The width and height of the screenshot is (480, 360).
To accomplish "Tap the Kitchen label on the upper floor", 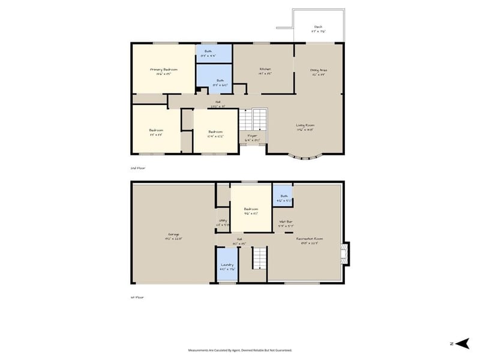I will click(x=265, y=69).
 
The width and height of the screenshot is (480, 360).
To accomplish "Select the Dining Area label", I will click(x=319, y=70).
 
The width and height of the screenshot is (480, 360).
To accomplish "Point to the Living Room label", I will click(x=305, y=125).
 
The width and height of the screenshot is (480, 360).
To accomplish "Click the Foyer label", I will click(x=253, y=136).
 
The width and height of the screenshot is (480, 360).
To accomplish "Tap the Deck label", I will click(x=318, y=27).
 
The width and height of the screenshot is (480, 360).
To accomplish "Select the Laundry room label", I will click(x=227, y=265).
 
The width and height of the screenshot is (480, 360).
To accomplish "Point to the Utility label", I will click(x=223, y=221).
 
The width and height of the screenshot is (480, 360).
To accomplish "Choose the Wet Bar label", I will click(x=285, y=222).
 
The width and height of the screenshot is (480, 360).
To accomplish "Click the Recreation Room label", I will click(x=309, y=238).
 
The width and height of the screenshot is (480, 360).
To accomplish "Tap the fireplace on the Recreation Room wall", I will click(x=344, y=253).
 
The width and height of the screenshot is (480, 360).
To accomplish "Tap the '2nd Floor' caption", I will click(x=138, y=169).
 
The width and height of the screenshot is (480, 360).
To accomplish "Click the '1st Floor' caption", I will click(x=137, y=297).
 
